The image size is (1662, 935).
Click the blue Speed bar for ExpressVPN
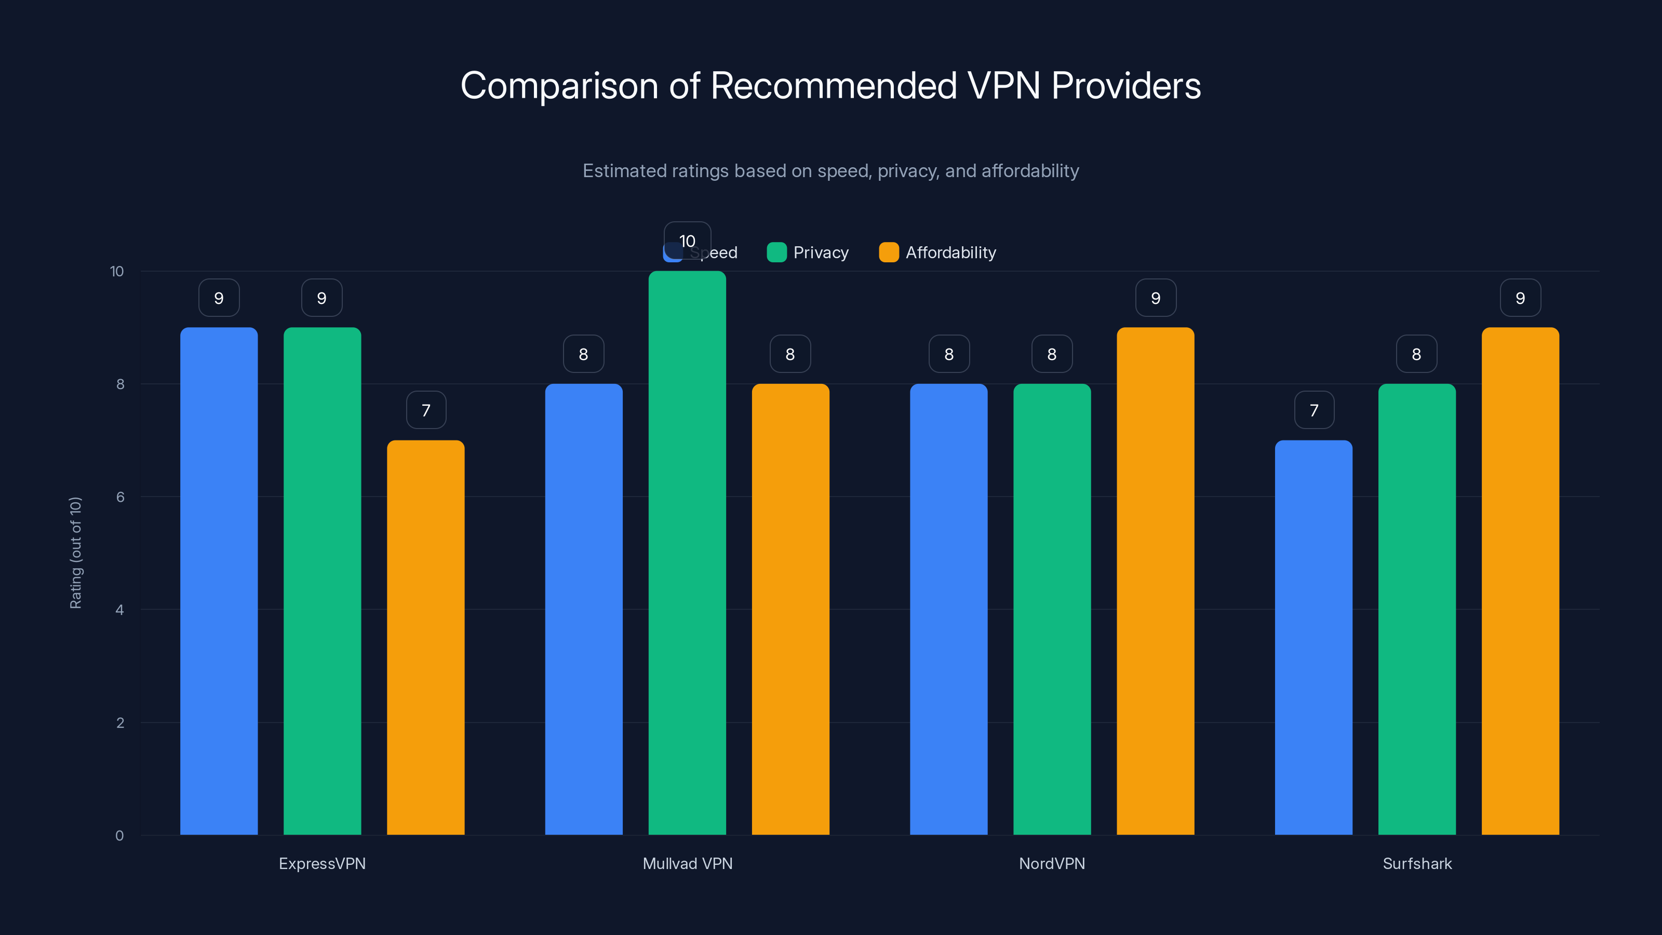click(219, 581)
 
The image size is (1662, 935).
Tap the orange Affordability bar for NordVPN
click(1155, 581)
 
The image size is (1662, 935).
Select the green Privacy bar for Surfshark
click(1417, 609)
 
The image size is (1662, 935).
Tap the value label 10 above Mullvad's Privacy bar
click(687, 241)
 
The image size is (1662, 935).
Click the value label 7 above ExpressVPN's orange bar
click(426, 410)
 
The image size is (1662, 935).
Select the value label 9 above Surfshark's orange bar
click(1520, 298)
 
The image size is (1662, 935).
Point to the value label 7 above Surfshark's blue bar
click(1313, 410)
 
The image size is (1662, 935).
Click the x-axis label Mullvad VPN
click(687, 863)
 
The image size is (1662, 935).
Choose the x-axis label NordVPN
click(1052, 863)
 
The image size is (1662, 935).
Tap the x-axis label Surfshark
click(1417, 863)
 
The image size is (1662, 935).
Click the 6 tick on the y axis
click(120, 497)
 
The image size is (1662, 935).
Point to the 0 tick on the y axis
click(119, 836)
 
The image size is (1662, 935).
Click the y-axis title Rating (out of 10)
click(75, 552)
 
